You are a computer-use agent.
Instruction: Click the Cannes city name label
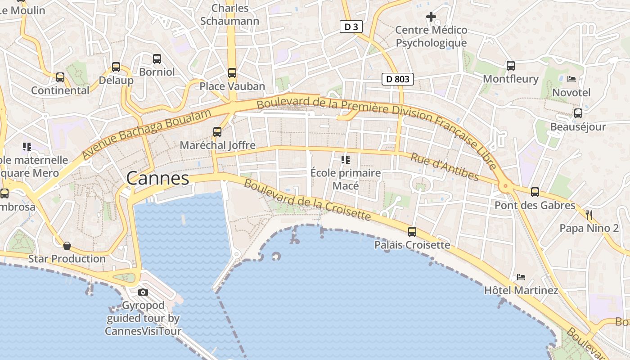click(157, 179)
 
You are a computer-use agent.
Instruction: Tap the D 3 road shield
click(351, 27)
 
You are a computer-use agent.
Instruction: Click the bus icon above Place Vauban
click(232, 72)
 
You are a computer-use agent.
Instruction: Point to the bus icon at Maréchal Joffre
click(217, 131)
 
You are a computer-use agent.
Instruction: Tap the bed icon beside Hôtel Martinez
click(521, 277)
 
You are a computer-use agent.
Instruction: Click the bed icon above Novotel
click(571, 79)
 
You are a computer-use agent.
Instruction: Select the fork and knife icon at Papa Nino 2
click(589, 215)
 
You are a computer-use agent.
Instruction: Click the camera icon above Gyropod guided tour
click(143, 292)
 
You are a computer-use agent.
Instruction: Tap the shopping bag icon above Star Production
click(67, 246)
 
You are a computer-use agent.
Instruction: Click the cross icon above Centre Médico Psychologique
click(431, 17)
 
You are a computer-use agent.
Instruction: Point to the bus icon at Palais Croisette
click(412, 232)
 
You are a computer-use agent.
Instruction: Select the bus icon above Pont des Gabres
click(535, 192)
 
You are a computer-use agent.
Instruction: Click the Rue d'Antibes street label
click(444, 166)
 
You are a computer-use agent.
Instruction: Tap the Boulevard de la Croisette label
click(307, 200)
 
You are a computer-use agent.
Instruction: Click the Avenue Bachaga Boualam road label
click(147, 134)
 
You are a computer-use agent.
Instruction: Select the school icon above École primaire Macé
click(346, 159)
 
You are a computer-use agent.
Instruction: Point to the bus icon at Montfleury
click(511, 65)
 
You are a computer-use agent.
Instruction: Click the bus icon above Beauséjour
click(578, 113)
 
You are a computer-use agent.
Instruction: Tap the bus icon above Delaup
click(116, 67)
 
